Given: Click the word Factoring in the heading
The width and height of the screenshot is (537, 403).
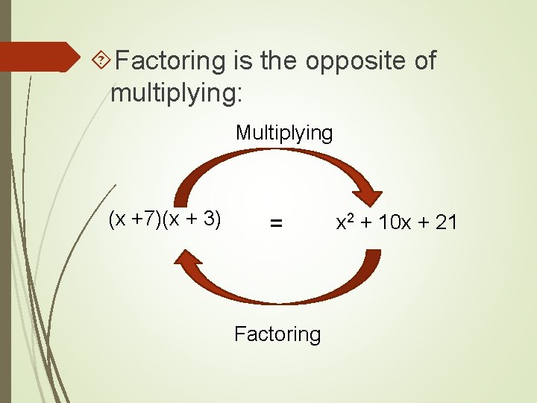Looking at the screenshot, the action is pyautogui.click(x=171, y=60).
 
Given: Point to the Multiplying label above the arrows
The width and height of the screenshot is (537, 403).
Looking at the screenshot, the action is pyautogui.click(x=284, y=133).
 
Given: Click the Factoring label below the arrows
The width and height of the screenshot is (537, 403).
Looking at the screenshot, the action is pyautogui.click(x=277, y=334).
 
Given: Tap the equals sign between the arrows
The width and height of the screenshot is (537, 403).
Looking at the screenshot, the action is pyautogui.click(x=276, y=223).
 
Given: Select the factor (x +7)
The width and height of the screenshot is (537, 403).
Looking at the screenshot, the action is pyautogui.click(x=136, y=220).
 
